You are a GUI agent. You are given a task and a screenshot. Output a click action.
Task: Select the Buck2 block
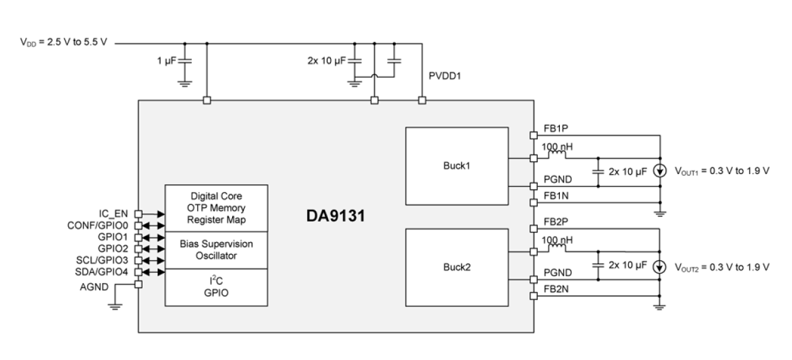point(456,267)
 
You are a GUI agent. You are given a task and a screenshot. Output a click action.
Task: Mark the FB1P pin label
point(556,127)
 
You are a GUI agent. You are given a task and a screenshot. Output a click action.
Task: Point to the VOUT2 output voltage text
point(723,266)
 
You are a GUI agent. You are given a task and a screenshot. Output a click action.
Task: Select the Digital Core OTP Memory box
point(216,208)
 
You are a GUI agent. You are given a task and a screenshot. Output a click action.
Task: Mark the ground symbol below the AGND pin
point(114,307)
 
